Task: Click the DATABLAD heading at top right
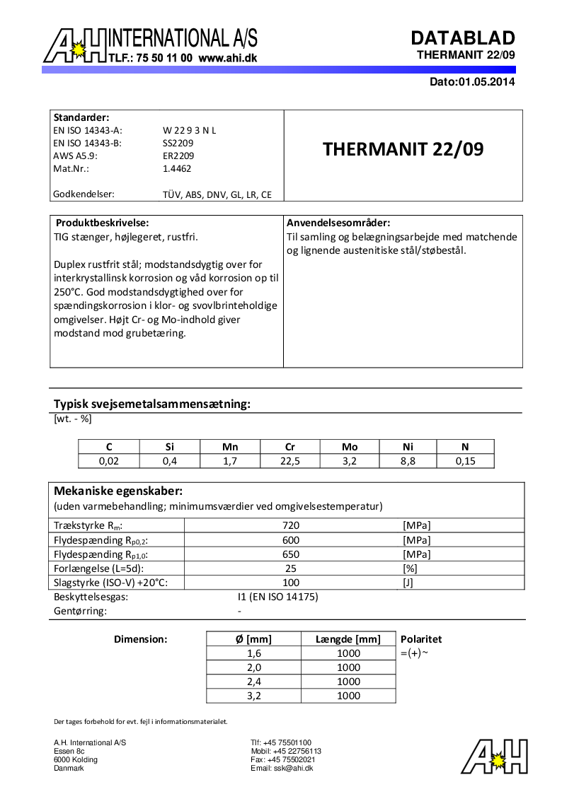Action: tap(463, 37)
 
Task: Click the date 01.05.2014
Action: tap(486, 82)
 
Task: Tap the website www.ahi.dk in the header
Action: tap(227, 59)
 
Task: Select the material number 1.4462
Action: tap(177, 169)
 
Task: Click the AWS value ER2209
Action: tap(178, 156)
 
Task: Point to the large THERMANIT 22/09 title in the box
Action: tap(403, 150)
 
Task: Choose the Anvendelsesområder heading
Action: tap(338, 223)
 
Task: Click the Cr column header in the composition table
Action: tap(289, 447)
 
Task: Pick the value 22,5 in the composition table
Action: tap(289, 461)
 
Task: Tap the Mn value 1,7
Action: tap(230, 461)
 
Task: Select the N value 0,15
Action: tap(464, 461)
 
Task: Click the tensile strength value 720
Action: tap(291, 525)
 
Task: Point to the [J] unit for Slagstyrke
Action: tap(408, 583)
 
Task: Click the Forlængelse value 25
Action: tap(291, 568)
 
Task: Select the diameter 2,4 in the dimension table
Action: tap(253, 682)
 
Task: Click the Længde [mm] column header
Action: tap(348, 639)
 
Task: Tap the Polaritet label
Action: tap(421, 639)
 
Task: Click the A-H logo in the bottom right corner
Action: tap(494, 757)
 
